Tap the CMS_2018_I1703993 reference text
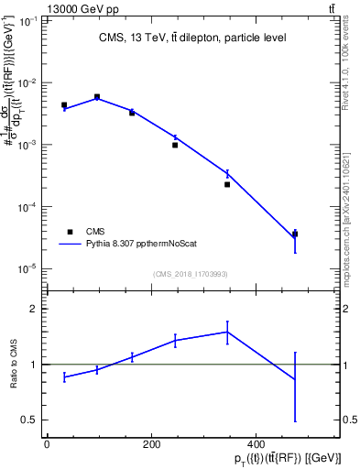[191, 273]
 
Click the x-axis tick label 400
[256, 444]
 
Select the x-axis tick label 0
[47, 444]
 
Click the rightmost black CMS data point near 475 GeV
[295, 234]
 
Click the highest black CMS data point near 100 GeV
[97, 96]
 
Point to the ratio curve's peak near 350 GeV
[227, 332]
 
